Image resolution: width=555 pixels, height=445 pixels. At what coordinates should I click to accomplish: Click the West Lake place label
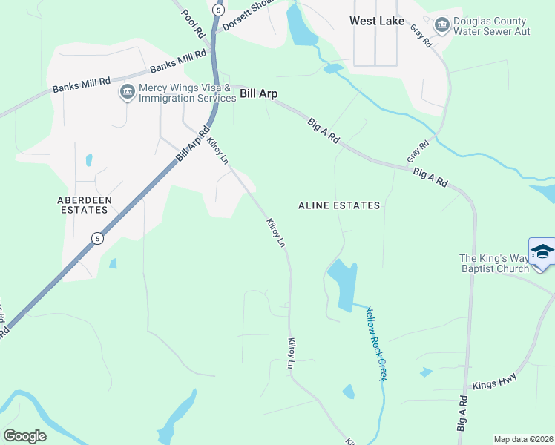pos(377,21)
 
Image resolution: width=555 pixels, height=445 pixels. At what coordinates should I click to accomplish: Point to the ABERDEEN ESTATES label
pos(82,205)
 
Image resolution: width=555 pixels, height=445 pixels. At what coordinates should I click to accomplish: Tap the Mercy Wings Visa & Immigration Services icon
pos(127,93)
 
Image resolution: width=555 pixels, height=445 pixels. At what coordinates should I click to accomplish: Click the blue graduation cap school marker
pos(542,251)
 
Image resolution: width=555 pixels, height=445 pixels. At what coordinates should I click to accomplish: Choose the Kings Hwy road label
pos(494,382)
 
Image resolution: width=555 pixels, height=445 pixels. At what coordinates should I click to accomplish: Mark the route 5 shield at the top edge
pos(217,9)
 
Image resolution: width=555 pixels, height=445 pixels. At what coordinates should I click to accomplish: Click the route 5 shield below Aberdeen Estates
pos(97,238)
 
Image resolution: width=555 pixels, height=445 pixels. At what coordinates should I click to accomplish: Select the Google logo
pos(24,435)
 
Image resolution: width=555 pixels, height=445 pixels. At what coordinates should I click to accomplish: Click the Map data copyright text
pos(523,439)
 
